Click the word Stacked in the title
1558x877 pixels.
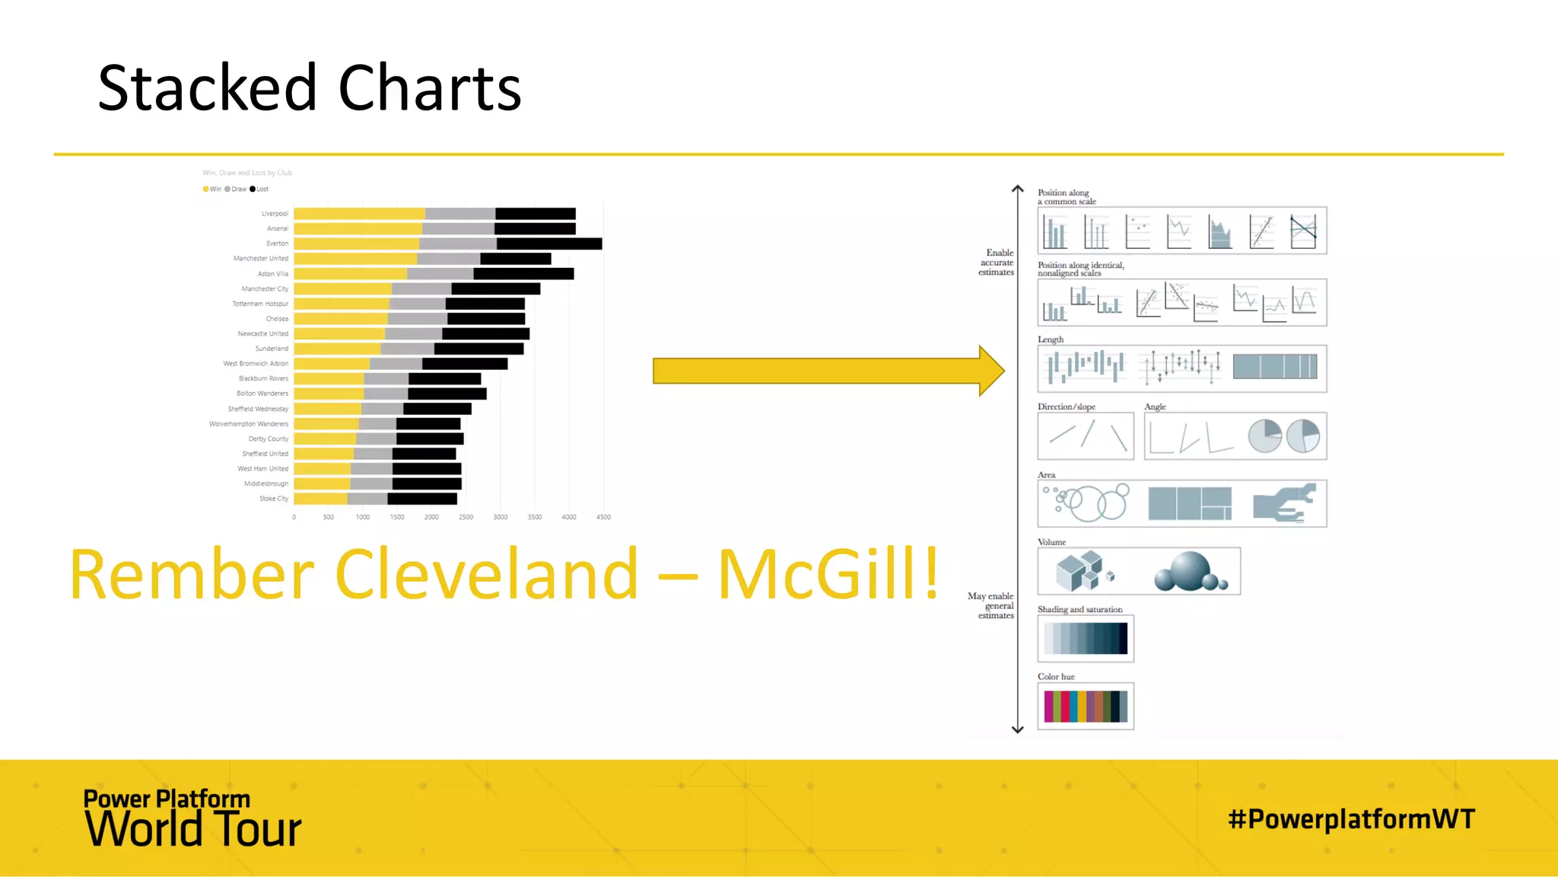pyautogui.click(x=207, y=88)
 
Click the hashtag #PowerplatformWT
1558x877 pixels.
pyautogui.click(x=1351, y=819)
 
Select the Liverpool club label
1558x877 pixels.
pyautogui.click(x=275, y=214)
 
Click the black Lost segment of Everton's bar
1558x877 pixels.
pyautogui.click(x=549, y=244)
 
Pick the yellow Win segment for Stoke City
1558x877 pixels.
pyautogui.click(x=320, y=499)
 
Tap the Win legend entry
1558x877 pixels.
pyautogui.click(x=212, y=189)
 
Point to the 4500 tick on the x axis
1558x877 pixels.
pyautogui.click(x=603, y=517)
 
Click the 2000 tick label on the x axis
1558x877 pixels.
pyautogui.click(x=431, y=517)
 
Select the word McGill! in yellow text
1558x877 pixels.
pyautogui.click(x=828, y=575)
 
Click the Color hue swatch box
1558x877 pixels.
pyautogui.click(x=1086, y=706)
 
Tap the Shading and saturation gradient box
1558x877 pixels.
pyautogui.click(x=1086, y=639)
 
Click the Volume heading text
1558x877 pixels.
pyautogui.click(x=1051, y=542)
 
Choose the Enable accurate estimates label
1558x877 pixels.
pyautogui.click(x=997, y=263)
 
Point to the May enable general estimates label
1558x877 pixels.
pyautogui.click(x=991, y=606)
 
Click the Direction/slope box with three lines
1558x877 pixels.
pyautogui.click(x=1086, y=436)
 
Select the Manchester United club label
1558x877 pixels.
pyautogui.click(x=261, y=259)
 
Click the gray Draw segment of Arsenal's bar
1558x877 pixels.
pyautogui.click(x=458, y=228)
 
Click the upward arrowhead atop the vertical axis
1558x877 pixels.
pyautogui.click(x=1018, y=190)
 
